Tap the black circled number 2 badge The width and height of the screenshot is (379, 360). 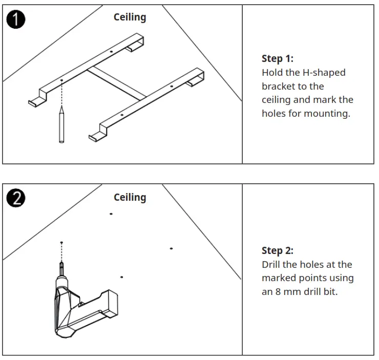click(16, 198)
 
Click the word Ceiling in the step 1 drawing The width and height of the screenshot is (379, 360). click(130, 17)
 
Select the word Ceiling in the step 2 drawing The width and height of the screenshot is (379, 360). click(130, 197)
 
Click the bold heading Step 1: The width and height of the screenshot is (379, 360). click(278, 58)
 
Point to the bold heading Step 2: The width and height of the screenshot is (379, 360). click(278, 250)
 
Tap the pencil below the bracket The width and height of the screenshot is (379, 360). click(61, 125)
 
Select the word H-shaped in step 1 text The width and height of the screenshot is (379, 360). click(325, 72)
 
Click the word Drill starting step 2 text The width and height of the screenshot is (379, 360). click(271, 264)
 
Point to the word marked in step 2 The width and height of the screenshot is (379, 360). click(280, 278)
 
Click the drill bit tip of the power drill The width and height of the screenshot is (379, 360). click(61, 264)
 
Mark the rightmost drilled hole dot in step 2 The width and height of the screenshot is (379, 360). click(171, 249)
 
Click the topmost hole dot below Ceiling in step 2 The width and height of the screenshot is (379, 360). click(111, 214)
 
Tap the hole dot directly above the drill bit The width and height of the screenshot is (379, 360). click(61, 242)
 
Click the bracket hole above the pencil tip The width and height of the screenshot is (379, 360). click(61, 80)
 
